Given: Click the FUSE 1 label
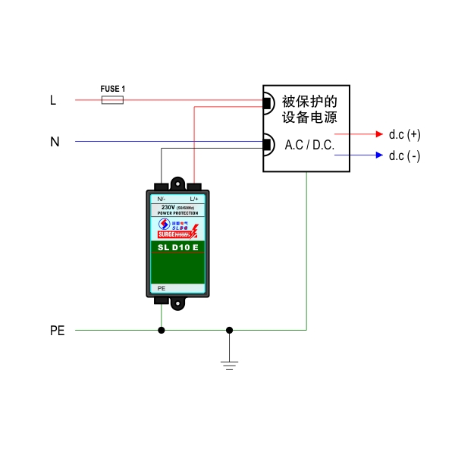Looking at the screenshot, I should click(113, 89).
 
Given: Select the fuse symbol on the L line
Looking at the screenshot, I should click(112, 99).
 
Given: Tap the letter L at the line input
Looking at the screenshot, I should click(53, 100).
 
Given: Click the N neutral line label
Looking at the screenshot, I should click(55, 142).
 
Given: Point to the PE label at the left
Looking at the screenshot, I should click(57, 331).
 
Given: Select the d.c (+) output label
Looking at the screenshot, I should click(404, 135).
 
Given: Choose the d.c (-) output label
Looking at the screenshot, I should click(404, 156).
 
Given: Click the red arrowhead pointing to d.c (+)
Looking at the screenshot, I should click(381, 134).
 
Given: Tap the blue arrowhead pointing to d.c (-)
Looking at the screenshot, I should click(381, 155).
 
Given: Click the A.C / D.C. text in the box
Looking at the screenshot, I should click(309, 144).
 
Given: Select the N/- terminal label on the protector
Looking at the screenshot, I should click(162, 199).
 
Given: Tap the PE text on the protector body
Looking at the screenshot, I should click(161, 289).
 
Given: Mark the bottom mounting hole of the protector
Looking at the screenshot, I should click(178, 303).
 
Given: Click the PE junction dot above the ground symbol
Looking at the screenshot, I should click(230, 330).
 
